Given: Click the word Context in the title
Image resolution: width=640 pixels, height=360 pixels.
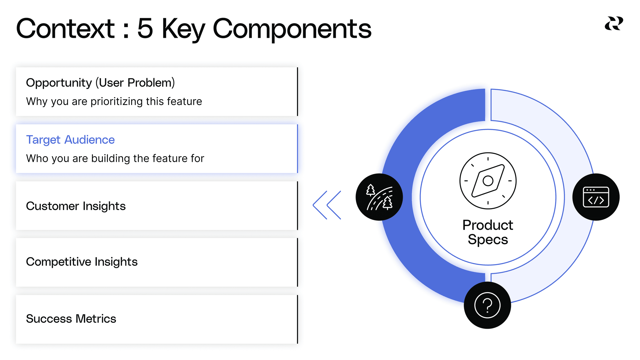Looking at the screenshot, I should coord(65,29).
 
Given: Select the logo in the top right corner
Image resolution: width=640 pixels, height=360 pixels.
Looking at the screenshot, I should coord(614,23).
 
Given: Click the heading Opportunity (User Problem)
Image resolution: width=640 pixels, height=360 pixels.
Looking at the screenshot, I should coord(100,83).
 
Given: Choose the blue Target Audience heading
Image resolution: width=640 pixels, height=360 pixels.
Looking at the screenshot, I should coord(70,140).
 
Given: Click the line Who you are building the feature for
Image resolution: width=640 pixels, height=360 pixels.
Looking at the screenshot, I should coord(115,158).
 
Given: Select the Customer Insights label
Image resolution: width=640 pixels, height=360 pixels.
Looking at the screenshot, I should coord(76,206).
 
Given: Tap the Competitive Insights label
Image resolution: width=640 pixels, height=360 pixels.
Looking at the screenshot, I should coord(82,262).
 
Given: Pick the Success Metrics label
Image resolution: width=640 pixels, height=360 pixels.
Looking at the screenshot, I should coord(71,319).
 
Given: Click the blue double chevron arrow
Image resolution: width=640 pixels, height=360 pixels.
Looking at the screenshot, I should coord(327,205).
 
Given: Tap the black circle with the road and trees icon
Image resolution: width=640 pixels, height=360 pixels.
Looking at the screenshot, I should coord(379,197).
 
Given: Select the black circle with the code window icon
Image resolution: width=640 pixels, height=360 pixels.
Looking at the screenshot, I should coord(596,197).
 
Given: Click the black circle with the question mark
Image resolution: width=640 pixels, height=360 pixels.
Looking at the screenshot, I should coord(487,305).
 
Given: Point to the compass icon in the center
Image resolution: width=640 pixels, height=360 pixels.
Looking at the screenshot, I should coord(488,181).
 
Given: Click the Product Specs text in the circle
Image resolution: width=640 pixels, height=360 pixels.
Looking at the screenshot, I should coord(488,232).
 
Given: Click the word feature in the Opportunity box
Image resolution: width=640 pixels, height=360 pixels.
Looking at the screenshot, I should coord(184,102).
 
